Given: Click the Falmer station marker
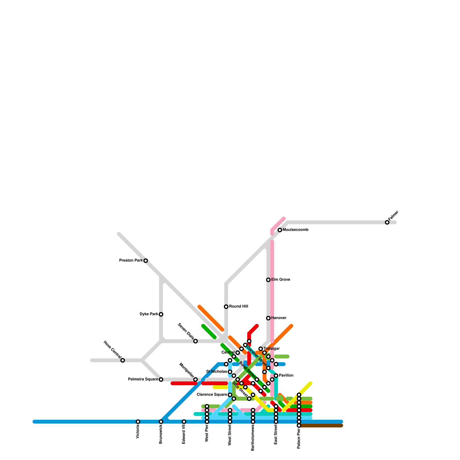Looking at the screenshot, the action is click(x=387, y=222).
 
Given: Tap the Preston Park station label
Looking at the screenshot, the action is click(x=131, y=260).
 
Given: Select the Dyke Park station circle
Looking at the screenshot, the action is click(x=161, y=314).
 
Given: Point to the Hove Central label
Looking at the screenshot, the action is click(x=112, y=350).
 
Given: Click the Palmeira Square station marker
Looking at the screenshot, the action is click(x=161, y=379).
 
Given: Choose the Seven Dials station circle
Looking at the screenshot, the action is click(x=195, y=341).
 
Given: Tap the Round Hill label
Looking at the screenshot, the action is click(x=239, y=306).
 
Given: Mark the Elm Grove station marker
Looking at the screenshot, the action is click(x=268, y=280).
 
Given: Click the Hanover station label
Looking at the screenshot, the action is click(x=279, y=318).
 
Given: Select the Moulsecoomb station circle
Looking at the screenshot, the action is click(x=280, y=230).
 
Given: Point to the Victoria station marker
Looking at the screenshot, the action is click(x=138, y=421).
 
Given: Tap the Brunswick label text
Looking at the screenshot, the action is click(x=161, y=434).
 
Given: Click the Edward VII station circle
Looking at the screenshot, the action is click(x=184, y=421).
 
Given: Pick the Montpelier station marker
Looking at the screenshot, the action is click(x=195, y=379).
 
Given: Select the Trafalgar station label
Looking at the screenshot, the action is click(x=271, y=349).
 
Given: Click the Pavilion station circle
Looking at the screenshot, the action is click(x=276, y=375).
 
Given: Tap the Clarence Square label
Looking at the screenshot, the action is click(x=212, y=395).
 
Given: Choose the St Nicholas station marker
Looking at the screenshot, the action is click(x=230, y=372).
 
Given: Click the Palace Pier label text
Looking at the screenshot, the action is click(x=299, y=438).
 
